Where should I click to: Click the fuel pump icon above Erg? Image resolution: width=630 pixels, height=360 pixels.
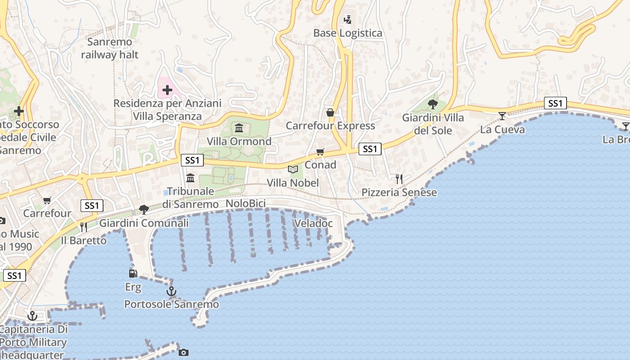133,273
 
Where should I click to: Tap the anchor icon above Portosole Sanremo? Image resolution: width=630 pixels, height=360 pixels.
171,291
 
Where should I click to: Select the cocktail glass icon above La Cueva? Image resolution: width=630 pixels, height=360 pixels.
502,116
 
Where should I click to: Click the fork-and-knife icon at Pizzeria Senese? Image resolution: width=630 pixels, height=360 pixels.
399,179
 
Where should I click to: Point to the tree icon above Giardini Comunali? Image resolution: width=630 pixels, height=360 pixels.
144,209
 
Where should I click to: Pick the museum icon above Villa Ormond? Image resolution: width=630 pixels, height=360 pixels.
239,128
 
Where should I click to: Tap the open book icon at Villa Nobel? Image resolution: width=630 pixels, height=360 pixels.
293,170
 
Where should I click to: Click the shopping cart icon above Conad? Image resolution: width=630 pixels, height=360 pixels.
320,152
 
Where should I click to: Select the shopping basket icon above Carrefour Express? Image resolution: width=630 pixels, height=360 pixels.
330,112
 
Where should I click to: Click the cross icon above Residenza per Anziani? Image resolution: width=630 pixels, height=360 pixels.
167,90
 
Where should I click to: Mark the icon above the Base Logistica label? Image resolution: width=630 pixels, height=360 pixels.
347,19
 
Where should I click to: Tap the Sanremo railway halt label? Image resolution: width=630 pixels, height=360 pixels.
110,48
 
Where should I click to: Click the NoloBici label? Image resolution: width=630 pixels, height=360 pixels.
246,203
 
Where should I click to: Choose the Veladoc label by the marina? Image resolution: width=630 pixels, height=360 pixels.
313,223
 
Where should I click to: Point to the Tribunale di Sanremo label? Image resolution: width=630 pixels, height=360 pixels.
190,198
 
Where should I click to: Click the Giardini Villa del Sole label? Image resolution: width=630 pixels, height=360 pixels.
433,124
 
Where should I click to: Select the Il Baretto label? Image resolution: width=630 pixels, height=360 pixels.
84,240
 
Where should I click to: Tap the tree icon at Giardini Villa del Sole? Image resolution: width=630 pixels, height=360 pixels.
433,104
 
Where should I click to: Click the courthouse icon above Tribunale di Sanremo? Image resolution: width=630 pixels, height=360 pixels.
190,178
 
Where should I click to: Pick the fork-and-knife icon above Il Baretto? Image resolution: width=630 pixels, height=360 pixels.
84,227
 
